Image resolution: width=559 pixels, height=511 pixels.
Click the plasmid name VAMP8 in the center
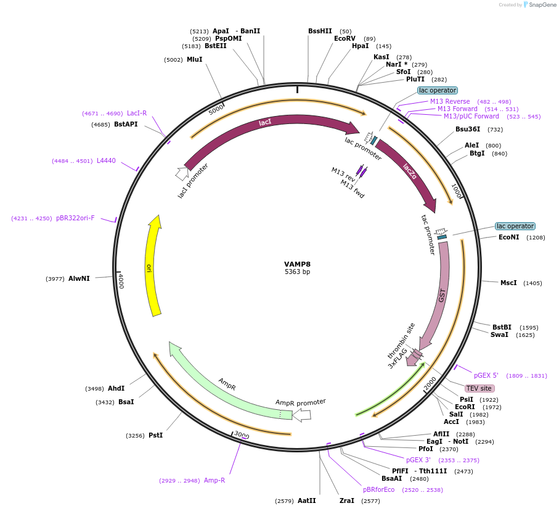(x=297, y=264)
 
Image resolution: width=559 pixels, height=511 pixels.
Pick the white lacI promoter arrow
(x=182, y=174)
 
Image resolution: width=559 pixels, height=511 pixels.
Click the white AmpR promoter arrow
(x=301, y=415)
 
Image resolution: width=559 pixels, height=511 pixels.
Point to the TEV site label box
(x=479, y=388)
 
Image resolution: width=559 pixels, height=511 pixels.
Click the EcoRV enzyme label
(x=345, y=38)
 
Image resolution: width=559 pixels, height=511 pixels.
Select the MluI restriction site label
(x=194, y=59)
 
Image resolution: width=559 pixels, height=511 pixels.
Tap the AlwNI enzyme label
(x=79, y=278)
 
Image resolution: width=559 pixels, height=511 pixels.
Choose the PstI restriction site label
(x=155, y=435)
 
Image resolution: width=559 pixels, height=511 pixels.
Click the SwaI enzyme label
(x=499, y=334)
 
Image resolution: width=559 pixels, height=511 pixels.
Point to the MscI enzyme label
(x=508, y=283)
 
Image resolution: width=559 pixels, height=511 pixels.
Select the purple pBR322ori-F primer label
(x=75, y=218)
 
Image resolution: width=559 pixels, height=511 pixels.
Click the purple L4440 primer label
(x=106, y=161)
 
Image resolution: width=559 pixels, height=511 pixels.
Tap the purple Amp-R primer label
(x=214, y=480)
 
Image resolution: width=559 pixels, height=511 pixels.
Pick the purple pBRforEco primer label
(x=378, y=489)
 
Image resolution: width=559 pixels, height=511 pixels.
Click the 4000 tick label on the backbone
(x=121, y=281)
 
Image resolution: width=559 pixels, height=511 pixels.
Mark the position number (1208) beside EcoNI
(x=535, y=237)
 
